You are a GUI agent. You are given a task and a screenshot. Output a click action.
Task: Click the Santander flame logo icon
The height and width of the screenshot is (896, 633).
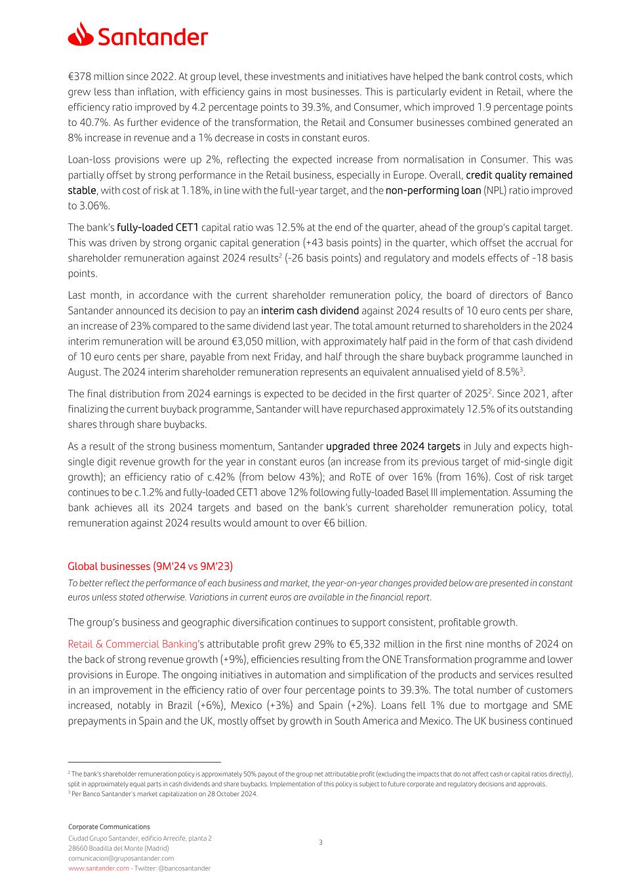click(x=80, y=34)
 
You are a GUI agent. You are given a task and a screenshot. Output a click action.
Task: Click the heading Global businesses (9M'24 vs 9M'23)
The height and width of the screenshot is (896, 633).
click(x=150, y=566)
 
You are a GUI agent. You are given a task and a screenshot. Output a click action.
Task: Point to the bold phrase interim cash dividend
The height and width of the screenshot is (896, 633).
click(x=310, y=310)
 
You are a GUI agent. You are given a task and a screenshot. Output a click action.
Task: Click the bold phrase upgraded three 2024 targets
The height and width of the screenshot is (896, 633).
click(x=393, y=446)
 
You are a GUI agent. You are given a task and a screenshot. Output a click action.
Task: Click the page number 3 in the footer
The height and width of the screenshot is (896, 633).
click(x=320, y=842)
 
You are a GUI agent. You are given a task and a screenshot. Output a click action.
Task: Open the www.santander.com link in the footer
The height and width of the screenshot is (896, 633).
click(x=98, y=868)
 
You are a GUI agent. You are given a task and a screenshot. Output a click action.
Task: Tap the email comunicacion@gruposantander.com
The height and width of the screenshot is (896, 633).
click(x=121, y=858)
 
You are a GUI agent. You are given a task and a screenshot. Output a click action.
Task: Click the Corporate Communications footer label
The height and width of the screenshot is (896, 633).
click(x=109, y=826)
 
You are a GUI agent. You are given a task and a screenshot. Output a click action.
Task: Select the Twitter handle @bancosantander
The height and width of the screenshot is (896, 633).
click(x=184, y=868)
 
